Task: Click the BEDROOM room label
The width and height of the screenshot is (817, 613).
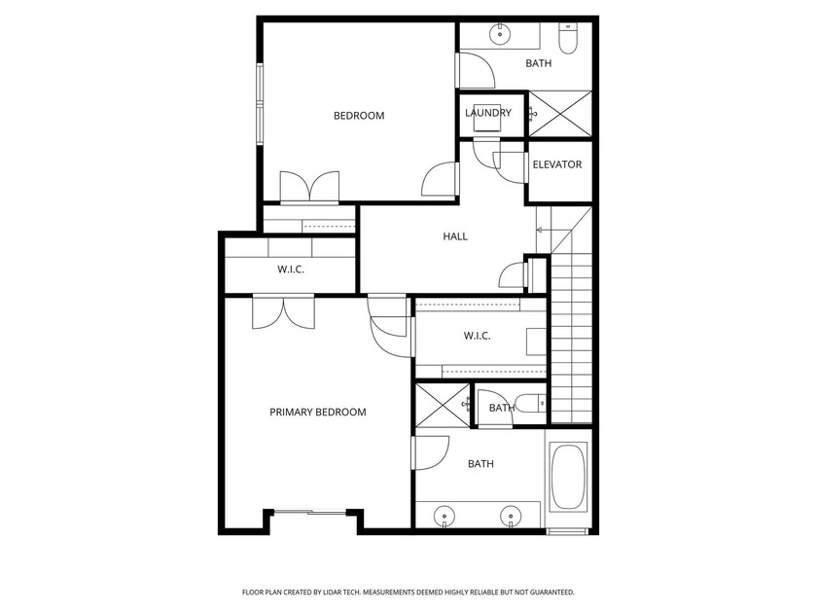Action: (359, 116)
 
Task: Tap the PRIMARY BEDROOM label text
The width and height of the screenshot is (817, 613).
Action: (317, 413)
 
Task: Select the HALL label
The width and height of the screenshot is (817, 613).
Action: (455, 236)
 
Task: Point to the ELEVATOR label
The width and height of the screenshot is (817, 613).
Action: (557, 164)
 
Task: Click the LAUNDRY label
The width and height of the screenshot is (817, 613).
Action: (488, 113)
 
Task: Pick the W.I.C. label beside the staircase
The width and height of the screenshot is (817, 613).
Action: (477, 336)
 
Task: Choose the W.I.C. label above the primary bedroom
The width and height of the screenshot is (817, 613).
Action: (291, 270)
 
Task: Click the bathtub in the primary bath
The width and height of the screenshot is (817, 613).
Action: (569, 478)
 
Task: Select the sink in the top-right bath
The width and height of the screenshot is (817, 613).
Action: (501, 34)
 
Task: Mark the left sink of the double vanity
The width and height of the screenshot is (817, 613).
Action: (446, 515)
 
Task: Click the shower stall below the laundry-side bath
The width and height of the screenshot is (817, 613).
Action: (562, 114)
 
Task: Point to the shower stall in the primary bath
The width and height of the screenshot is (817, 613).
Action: (442, 406)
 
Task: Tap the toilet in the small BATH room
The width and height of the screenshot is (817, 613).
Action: (531, 404)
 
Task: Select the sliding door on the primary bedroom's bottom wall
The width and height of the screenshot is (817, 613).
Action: (309, 512)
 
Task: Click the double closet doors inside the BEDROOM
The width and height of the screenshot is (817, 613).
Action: (310, 188)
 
